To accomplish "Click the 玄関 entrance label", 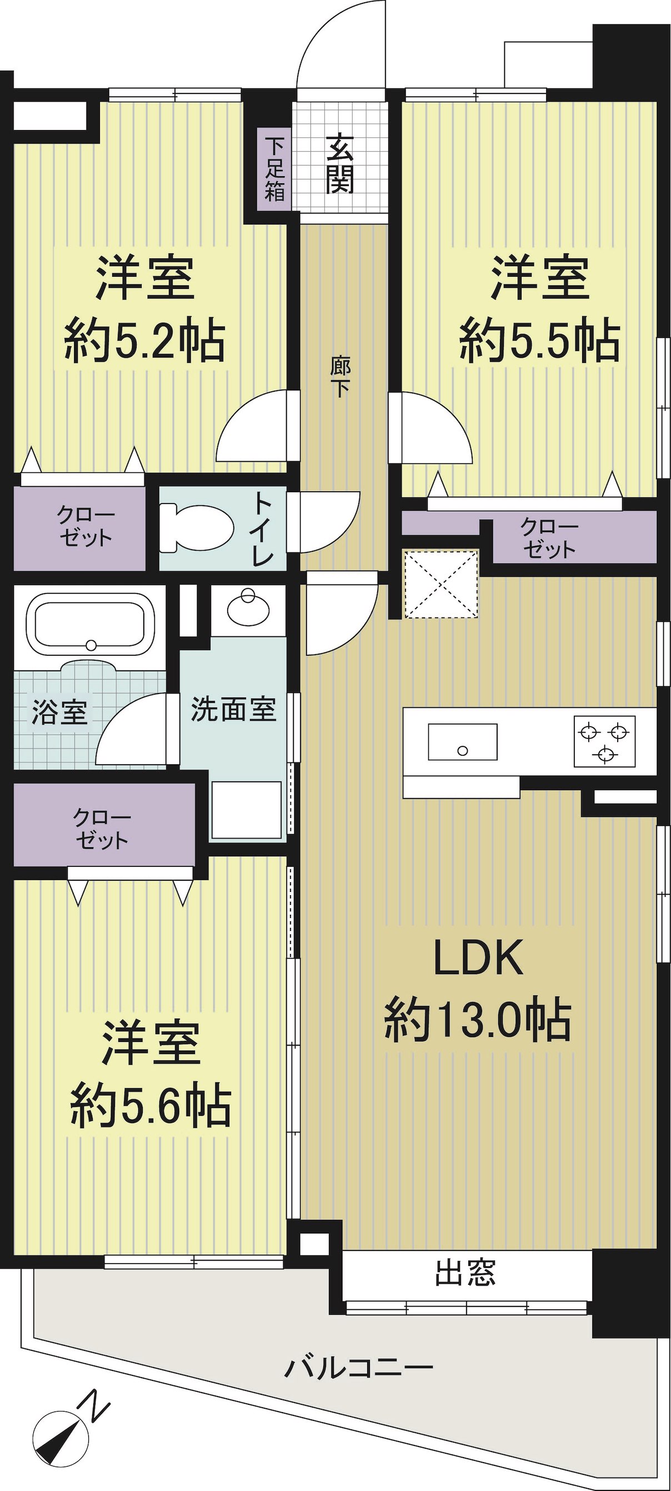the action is pyautogui.click(x=339, y=163).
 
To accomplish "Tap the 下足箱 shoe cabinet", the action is pyautogui.click(x=275, y=168).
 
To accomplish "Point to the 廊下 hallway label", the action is pyautogui.click(x=339, y=377).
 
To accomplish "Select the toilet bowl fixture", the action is pyautogui.click(x=196, y=527).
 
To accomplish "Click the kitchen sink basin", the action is pyautogui.click(x=462, y=741).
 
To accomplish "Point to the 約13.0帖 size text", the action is pyautogui.click(x=478, y=1020).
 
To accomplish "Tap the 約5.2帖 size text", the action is pyautogui.click(x=144, y=342).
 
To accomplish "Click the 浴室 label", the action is pyautogui.click(x=59, y=712).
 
